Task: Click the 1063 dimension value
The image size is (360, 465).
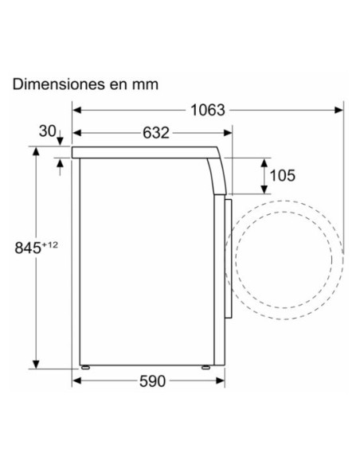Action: coord(208,111)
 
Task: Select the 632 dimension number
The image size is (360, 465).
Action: coord(156,133)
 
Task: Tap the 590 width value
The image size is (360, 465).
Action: coord(152,381)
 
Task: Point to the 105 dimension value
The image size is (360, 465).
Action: coord(282,175)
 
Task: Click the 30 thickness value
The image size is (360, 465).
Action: coord(48,131)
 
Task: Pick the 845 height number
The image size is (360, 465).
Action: coord(28,248)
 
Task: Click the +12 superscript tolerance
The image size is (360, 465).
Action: coord(50,245)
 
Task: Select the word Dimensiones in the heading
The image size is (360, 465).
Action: coord(59,84)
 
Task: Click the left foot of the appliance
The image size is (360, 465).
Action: coord(85,368)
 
